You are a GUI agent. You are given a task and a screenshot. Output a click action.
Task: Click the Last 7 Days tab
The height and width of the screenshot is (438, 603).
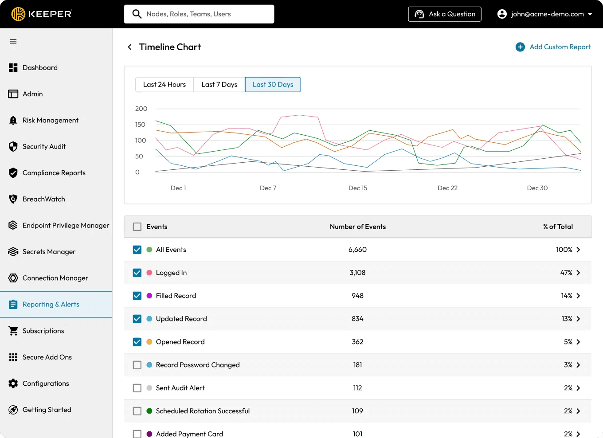click(219, 85)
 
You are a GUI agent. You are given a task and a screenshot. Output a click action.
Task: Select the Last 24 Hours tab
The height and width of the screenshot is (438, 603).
click(164, 85)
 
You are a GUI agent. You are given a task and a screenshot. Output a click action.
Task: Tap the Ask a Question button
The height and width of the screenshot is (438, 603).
click(444, 14)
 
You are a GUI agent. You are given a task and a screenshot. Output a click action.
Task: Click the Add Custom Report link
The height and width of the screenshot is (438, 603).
click(553, 47)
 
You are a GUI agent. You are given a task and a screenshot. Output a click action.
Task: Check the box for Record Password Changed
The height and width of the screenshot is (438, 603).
click(137, 365)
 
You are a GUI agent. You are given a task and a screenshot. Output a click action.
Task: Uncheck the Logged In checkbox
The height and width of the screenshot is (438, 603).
click(137, 273)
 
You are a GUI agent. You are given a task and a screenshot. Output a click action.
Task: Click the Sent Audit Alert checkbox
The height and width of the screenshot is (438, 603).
click(137, 388)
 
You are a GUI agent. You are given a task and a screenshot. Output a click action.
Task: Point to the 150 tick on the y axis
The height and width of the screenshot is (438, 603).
click(140, 125)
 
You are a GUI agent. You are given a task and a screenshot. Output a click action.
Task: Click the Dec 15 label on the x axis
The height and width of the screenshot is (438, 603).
click(358, 188)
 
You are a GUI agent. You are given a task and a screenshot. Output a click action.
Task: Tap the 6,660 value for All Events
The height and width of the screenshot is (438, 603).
click(357, 250)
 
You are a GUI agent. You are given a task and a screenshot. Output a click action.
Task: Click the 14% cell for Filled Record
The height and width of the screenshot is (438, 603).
click(566, 296)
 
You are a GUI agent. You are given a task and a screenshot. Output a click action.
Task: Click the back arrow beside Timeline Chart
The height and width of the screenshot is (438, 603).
click(130, 47)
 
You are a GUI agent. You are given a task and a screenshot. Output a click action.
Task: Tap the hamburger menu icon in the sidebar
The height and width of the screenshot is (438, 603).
click(13, 42)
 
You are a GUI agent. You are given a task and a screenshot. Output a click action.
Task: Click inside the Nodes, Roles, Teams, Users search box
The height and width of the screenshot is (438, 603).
click(199, 14)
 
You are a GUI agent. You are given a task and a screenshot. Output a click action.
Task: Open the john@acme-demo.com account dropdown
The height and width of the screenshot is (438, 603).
click(544, 14)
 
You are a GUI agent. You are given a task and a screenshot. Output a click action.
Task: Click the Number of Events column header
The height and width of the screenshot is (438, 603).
click(358, 227)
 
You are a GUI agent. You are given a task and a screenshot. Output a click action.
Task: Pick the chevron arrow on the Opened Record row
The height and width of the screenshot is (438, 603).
click(578, 342)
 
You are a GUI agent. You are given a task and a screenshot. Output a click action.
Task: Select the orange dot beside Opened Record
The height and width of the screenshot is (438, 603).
click(149, 342)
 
